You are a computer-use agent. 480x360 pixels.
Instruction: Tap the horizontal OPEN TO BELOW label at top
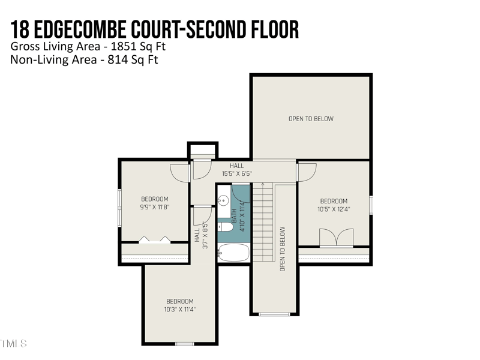311,119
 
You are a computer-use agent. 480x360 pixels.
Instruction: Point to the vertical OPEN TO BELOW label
283,249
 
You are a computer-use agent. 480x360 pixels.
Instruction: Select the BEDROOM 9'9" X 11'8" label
155,203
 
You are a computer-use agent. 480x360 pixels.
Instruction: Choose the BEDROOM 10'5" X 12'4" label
334,205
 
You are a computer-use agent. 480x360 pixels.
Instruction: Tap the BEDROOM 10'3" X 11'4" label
180,305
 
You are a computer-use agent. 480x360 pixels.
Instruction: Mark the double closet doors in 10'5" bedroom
335,238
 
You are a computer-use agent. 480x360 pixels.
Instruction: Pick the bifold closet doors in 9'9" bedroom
155,239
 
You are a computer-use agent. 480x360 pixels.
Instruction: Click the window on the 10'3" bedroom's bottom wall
185,344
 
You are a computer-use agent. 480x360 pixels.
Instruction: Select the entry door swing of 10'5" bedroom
307,173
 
